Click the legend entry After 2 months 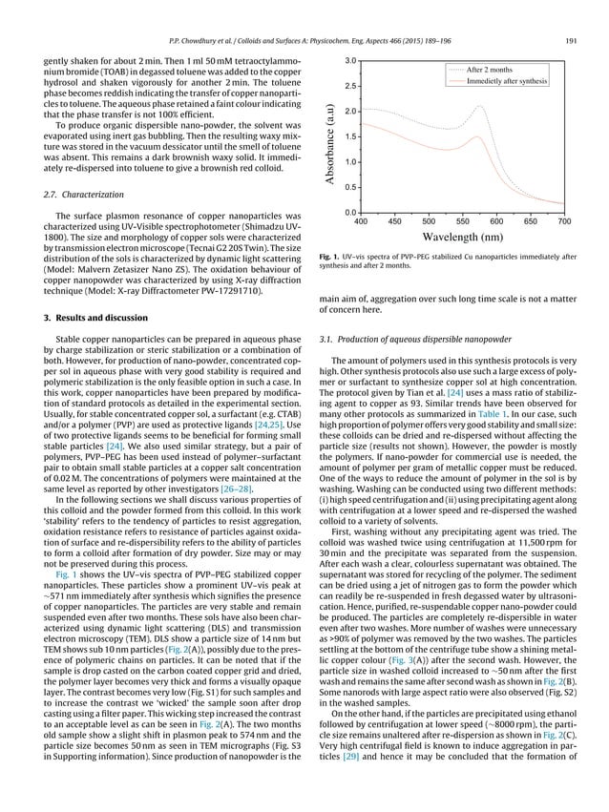[x=506, y=72]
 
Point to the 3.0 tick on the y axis [x=350, y=61]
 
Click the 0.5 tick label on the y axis [x=350, y=187]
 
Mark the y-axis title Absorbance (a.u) [x=328, y=136]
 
